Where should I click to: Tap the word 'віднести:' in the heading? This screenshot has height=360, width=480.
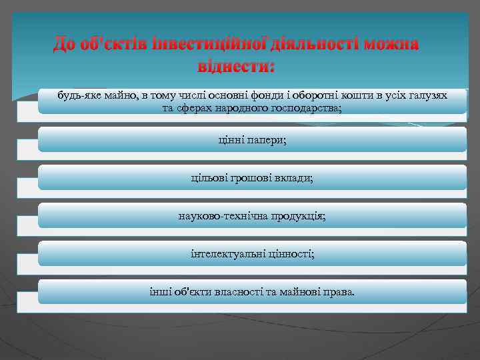pos(236,67)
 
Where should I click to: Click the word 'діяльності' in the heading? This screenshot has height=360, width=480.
pos(319,45)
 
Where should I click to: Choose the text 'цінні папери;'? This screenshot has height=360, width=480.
pos(252,139)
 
